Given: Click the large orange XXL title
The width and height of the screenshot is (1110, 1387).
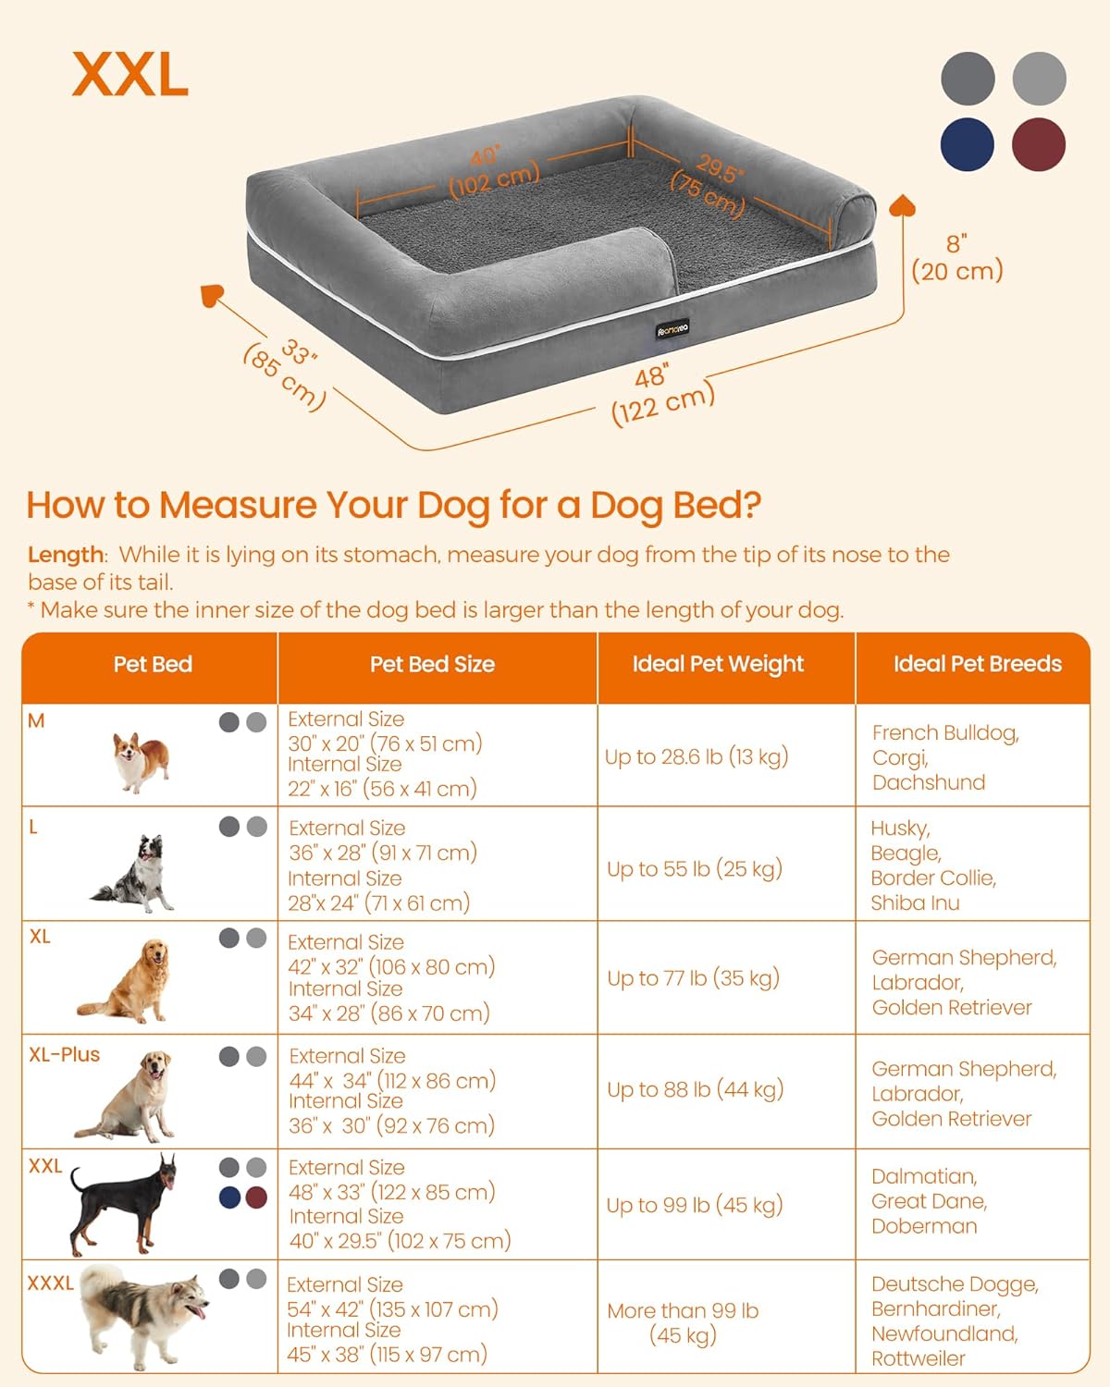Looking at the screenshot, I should pos(130,74).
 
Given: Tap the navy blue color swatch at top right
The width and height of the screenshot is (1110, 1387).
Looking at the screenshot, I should pos(968,145).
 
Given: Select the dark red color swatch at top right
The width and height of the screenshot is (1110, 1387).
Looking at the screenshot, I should pos(1039,145).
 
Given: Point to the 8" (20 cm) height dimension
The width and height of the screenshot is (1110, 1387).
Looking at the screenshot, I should pos(956,258).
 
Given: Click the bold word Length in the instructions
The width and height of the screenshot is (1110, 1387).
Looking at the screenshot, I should pos(65,555).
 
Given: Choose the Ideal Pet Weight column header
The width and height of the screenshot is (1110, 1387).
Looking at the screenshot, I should pos(718,664).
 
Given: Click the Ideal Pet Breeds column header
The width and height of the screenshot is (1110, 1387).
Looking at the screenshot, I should pos(977,664).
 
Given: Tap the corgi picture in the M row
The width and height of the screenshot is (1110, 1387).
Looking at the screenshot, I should pos(142,761).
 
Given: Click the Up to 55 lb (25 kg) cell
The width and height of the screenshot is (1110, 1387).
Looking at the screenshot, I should pos(695,868).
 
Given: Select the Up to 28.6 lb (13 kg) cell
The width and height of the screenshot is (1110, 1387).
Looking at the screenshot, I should pos(697,756).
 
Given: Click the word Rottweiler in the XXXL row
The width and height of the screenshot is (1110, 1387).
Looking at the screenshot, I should pos(918,1358).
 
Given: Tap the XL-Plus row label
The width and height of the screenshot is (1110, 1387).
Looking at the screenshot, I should pos(64,1054).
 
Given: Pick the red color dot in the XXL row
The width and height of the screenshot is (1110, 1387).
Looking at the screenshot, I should pos(256,1197).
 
